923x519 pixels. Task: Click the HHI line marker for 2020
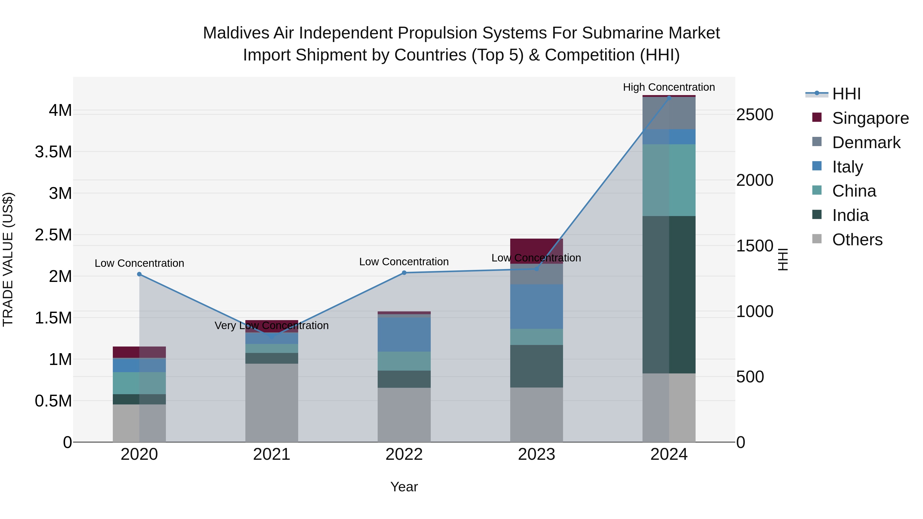[x=139, y=274]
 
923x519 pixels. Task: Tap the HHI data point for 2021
[x=272, y=337]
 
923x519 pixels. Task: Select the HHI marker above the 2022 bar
[x=404, y=273]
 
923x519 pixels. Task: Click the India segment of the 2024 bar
[x=669, y=294]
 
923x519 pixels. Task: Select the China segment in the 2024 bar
[x=669, y=180]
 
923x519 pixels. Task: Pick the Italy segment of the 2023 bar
[x=536, y=307]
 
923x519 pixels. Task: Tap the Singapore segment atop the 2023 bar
[x=536, y=251]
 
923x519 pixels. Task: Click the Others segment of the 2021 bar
[x=272, y=403]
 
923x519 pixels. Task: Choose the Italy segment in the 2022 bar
[x=404, y=334]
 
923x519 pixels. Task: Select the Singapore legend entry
[x=870, y=118]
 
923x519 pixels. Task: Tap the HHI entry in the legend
[x=846, y=94]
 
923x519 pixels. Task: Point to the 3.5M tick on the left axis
[x=53, y=152]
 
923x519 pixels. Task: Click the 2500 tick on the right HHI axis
[x=755, y=115]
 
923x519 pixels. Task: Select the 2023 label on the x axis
[x=536, y=454]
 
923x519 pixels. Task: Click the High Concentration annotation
[x=669, y=87]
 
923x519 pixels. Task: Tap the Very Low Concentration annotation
[x=272, y=325]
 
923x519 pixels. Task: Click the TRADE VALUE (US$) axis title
[x=8, y=259]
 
